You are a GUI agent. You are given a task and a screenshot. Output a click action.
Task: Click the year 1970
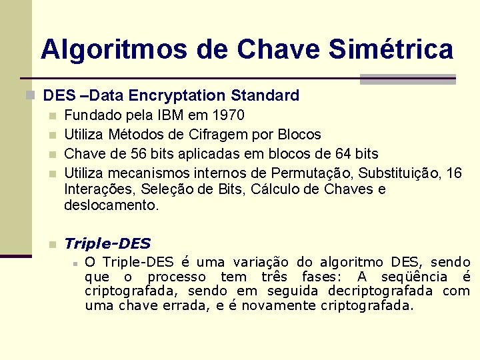pyautogui.click(x=227, y=115)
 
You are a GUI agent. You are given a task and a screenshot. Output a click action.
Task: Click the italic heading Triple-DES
pyautogui.click(x=107, y=244)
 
